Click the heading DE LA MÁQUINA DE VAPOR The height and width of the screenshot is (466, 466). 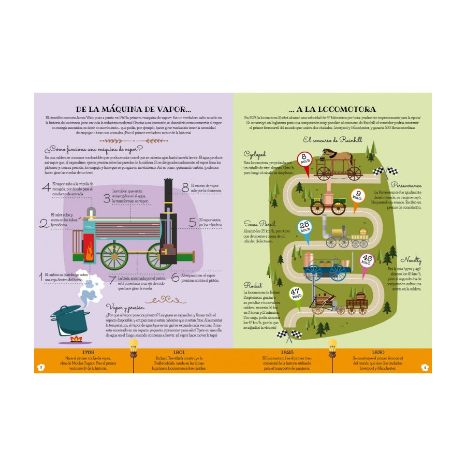coord(134,109)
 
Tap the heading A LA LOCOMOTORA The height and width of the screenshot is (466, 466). coord(332,109)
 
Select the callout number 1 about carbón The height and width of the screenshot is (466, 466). coord(41,277)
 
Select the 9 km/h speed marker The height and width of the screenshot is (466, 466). coord(357,196)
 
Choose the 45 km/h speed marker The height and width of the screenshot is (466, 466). coord(367,259)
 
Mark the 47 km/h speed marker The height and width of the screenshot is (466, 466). coord(295,295)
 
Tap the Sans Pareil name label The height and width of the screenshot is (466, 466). coord(256,224)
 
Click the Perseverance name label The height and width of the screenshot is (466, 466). coord(406,185)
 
